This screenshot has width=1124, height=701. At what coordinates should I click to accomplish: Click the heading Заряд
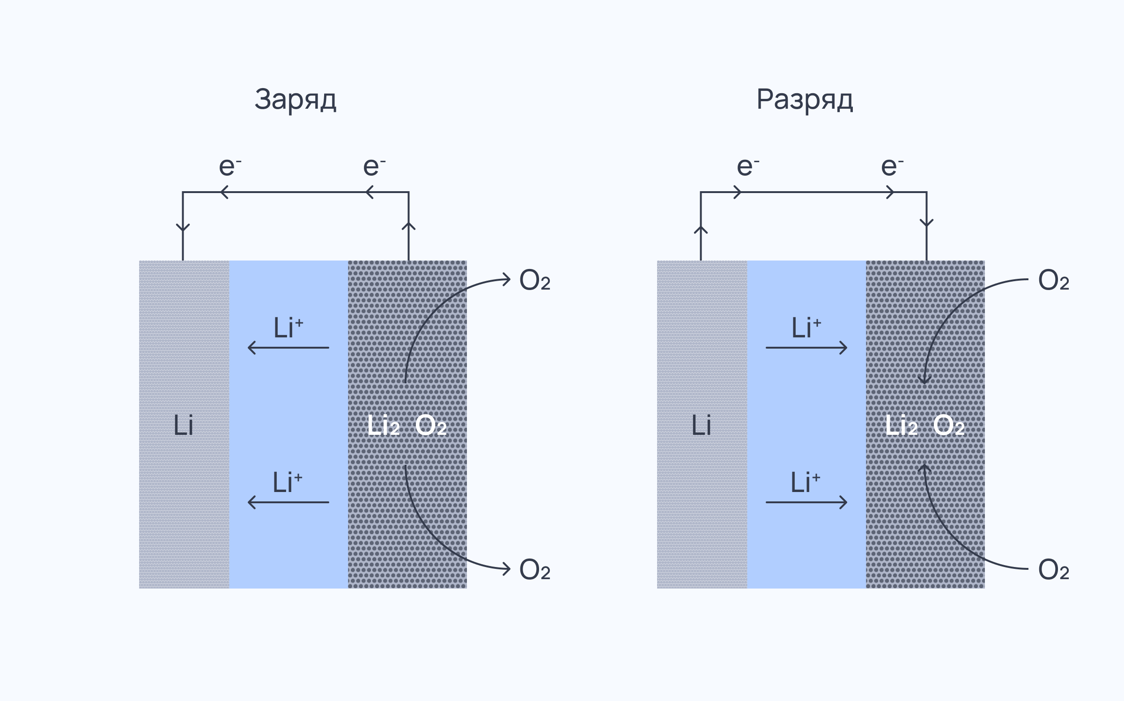click(x=296, y=99)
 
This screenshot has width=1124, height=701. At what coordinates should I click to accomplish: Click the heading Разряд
click(x=805, y=99)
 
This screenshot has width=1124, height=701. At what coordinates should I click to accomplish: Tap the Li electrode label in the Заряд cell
click(x=184, y=425)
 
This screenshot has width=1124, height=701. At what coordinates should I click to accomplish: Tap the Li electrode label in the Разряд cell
click(x=702, y=425)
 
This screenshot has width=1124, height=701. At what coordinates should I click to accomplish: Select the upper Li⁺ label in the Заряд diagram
click(x=288, y=327)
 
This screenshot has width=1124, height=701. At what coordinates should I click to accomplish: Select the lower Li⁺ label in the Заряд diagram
click(x=288, y=482)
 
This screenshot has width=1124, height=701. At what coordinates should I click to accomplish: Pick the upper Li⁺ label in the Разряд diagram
click(x=806, y=327)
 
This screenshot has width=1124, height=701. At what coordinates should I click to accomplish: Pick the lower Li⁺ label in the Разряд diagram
click(x=806, y=482)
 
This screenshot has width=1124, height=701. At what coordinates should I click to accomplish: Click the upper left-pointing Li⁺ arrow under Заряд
click(x=288, y=348)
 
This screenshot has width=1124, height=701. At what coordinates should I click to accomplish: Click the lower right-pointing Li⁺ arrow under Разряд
click(x=806, y=502)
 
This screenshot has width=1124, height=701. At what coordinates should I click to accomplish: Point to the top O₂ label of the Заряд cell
click(x=535, y=280)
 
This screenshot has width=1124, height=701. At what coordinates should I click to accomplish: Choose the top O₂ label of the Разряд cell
click(x=1054, y=280)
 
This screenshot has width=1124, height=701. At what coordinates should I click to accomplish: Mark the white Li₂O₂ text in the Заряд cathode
click(x=407, y=425)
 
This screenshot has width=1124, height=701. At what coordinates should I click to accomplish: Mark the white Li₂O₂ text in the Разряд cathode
click(x=925, y=425)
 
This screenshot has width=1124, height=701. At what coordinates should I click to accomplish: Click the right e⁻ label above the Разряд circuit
click(x=892, y=166)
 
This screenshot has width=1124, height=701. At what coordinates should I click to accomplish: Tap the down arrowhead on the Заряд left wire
click(x=183, y=228)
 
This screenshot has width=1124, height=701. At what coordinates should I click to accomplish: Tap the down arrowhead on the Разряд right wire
click(x=927, y=223)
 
